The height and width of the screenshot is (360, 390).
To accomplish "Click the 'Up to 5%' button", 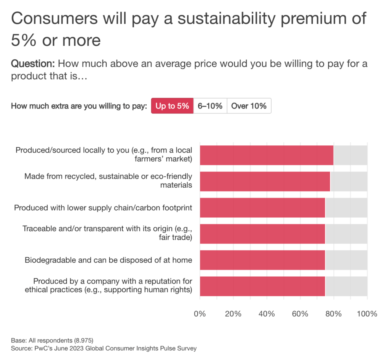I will tap(172, 106).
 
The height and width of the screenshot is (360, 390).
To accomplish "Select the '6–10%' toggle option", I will tap(210, 106).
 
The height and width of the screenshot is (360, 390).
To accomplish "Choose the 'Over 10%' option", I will tap(249, 106).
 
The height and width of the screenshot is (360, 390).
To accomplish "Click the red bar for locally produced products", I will tap(266, 155).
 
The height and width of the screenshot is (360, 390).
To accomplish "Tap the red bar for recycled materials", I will tap(265, 181).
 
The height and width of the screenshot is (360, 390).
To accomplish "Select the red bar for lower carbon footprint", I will tap(262, 207).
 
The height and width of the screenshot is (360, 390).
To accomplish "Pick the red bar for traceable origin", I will tap(262, 234).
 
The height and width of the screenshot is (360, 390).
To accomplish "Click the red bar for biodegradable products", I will tap(262, 260).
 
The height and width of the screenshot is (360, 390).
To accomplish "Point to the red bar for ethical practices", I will tap(262, 286).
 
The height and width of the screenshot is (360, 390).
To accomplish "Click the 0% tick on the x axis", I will tap(200, 314).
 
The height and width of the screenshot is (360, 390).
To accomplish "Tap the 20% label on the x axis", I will tap(233, 314).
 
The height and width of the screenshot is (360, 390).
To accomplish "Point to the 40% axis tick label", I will tap(267, 314).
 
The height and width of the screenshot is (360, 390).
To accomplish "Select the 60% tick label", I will tap(300, 314).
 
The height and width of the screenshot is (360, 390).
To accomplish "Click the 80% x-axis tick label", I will tap(334, 314).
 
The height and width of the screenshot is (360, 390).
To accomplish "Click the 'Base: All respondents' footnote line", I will tap(52, 340).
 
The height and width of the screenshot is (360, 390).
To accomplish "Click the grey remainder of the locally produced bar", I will tap(350, 155).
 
